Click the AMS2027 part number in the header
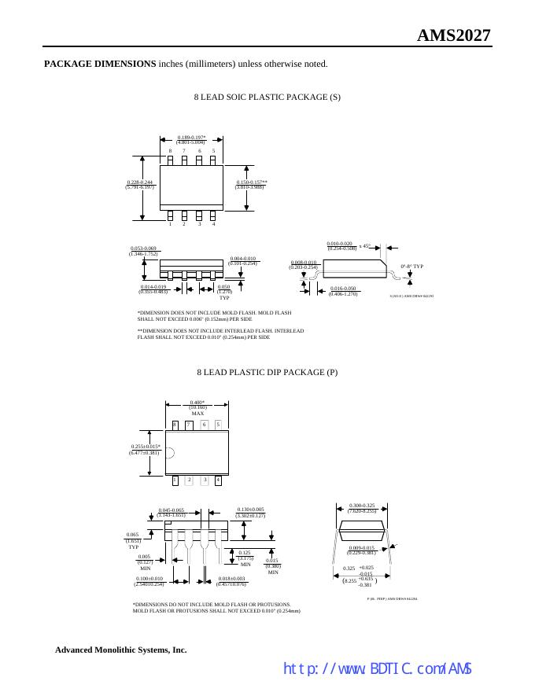coord(453,35)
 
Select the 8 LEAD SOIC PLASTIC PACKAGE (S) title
coord(267,97)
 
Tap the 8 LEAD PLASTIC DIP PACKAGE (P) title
coord(267,372)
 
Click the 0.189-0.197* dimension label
coord(191,137)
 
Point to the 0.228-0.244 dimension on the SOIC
coord(139,182)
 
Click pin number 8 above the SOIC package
coord(170,150)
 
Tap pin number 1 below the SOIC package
coord(170,224)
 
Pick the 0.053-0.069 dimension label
coord(143,248)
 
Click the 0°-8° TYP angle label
coord(411,267)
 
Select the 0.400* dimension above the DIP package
coord(197,402)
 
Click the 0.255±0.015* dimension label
coord(146,447)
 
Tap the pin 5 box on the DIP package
coord(218,425)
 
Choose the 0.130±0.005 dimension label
coord(251,510)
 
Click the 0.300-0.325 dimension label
coord(362,506)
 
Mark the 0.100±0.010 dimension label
coord(149,579)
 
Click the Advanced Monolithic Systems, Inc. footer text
coord(120,650)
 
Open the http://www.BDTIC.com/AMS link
coord(377,669)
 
